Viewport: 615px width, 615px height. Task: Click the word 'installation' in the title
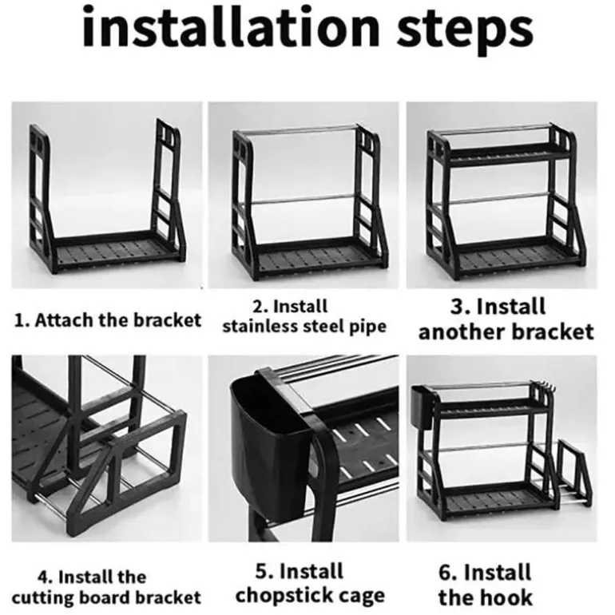[231, 26]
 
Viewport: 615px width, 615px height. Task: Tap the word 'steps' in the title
[465, 31]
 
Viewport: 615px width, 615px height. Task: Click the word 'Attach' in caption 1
[65, 320]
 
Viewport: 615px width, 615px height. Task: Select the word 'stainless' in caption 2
[260, 326]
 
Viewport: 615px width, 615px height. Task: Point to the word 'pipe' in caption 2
[367, 327]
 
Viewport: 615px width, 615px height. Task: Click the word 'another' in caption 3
[462, 331]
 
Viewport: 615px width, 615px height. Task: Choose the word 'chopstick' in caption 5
[283, 596]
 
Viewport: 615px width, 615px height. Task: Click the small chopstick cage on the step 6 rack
[423, 407]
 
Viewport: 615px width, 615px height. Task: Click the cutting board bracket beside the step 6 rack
[573, 474]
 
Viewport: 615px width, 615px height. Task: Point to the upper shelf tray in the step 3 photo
[508, 152]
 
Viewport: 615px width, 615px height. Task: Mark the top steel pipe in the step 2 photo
[298, 129]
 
